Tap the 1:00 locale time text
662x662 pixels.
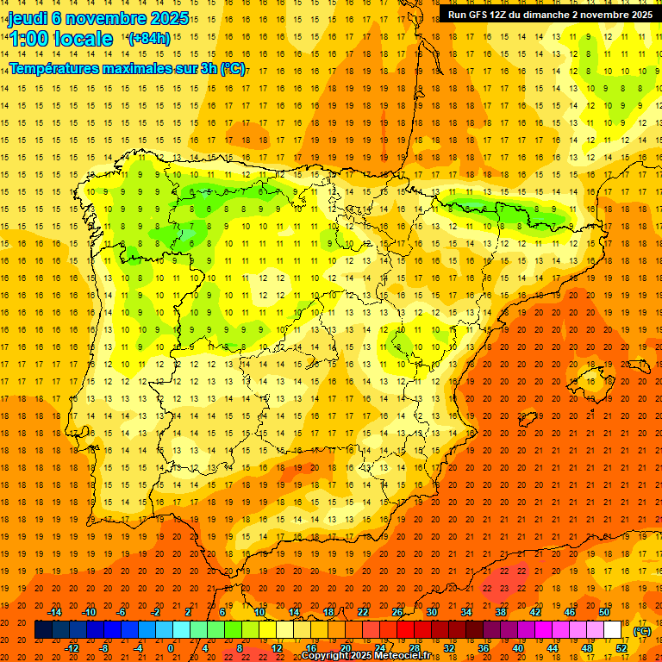[x=61, y=39]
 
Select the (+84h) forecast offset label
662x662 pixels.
[x=149, y=39]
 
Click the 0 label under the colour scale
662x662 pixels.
[x=171, y=648]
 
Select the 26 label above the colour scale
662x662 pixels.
[x=397, y=612]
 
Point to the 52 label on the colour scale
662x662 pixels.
[x=621, y=648]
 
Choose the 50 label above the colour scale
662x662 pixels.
[x=604, y=612]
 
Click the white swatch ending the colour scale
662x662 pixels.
[x=613, y=630]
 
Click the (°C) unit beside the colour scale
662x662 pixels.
[x=642, y=631]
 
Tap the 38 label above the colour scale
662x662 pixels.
[x=501, y=612]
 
